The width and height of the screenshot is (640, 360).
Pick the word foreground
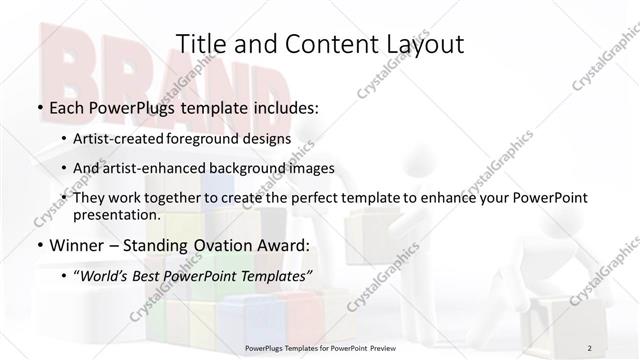(218, 140)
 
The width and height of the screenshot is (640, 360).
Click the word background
(262, 169)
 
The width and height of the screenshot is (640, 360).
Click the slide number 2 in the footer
(590, 348)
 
